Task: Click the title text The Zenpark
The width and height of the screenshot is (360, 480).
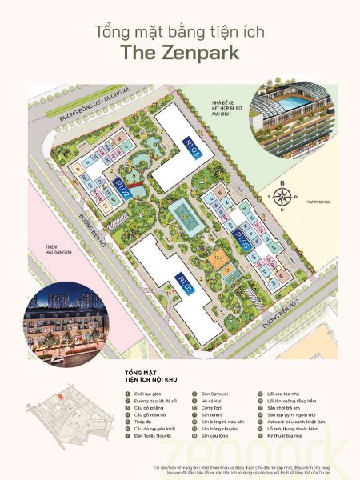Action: click(x=180, y=53)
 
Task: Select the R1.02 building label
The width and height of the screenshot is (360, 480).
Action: click(x=122, y=193)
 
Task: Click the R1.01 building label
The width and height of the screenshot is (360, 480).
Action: click(x=185, y=283)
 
